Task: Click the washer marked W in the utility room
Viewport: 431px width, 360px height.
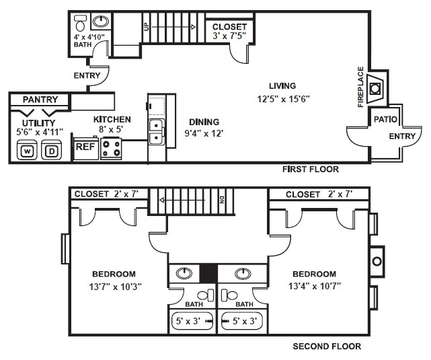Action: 28,151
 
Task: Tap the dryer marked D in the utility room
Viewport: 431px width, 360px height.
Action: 51,151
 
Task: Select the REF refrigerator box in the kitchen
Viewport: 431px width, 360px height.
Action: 85,146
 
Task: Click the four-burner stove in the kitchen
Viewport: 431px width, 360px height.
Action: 111,147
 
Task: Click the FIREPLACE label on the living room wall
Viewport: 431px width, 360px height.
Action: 360,87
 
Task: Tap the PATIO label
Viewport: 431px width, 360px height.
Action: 386,120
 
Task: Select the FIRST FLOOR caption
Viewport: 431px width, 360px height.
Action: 311,170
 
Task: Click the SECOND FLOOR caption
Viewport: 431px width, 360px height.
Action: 327,347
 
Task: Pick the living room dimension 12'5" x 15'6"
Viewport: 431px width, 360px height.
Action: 282,99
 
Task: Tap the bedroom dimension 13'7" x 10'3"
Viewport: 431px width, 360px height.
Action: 114,285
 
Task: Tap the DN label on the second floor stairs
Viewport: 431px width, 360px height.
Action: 221,199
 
